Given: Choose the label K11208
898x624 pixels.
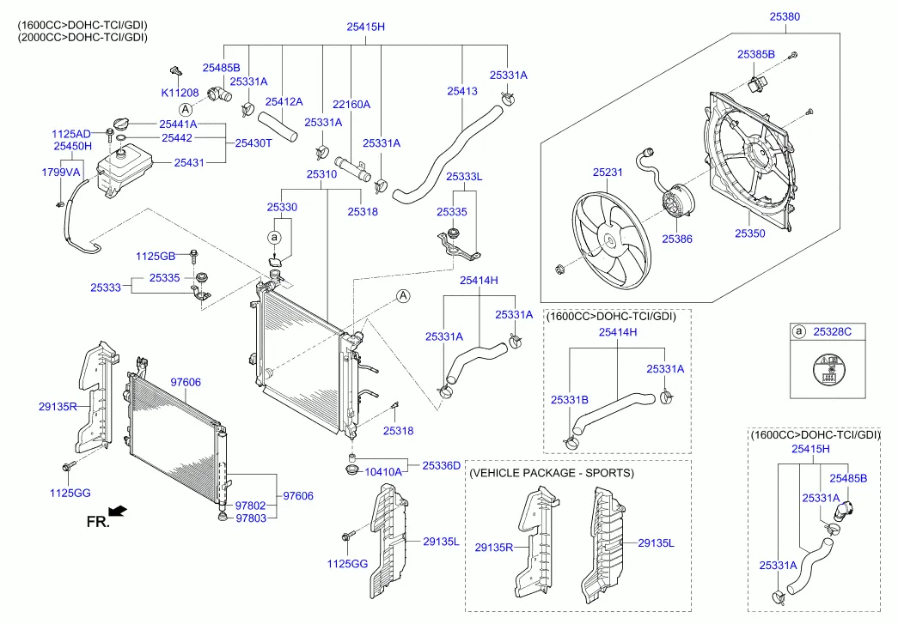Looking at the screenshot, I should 180,92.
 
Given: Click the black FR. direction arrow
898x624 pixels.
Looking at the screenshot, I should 118,511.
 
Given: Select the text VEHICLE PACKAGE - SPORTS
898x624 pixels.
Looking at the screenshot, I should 552,473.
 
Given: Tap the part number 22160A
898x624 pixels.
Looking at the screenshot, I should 351,104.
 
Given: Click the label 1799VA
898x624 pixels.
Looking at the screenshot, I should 60,173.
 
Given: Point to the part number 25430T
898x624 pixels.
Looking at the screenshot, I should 254,142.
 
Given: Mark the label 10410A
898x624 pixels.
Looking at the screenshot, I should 383,471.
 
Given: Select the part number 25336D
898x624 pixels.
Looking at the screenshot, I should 441,464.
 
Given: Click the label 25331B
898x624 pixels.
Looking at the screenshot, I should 569,400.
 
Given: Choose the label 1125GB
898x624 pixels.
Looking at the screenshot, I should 156,256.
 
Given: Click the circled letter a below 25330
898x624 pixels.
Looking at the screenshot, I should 274,236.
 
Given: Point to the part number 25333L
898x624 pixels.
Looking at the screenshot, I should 464,176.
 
